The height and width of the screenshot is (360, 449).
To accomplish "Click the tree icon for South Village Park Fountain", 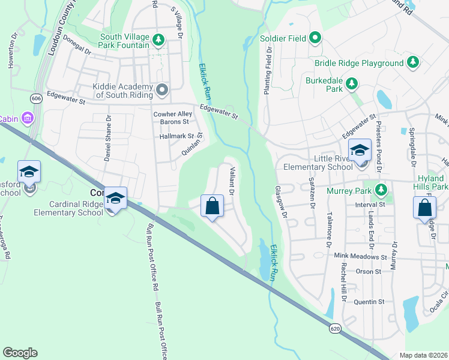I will (x=158, y=40).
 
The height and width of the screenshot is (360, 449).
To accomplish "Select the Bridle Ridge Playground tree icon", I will (x=412, y=62).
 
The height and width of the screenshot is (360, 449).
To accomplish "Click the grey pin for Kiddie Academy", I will (x=161, y=90).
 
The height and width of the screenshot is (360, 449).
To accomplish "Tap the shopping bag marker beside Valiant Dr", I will (x=212, y=206).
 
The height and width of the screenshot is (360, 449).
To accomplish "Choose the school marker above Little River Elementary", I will (x=360, y=151).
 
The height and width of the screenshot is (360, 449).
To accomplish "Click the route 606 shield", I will (x=37, y=99).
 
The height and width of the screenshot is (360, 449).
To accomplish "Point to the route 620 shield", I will (x=334, y=328).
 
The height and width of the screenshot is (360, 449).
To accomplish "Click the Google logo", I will (x=20, y=353).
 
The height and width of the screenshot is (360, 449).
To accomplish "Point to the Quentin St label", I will (x=368, y=302).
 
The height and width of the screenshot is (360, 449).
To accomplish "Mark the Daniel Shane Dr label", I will (x=107, y=137).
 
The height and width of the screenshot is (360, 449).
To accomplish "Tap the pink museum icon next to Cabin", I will (x=27, y=118).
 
